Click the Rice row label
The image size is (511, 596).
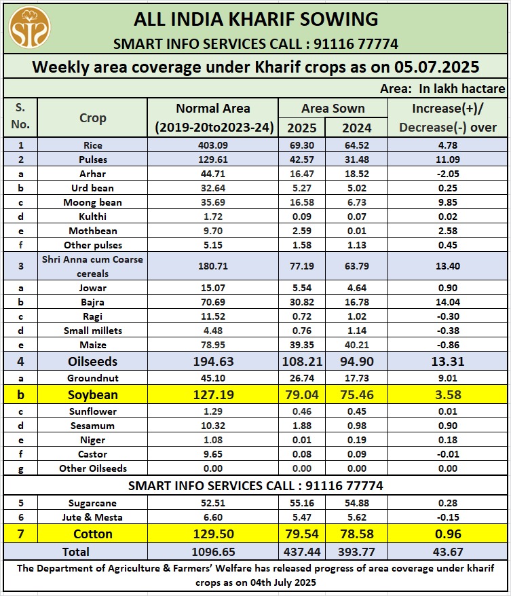(92, 145)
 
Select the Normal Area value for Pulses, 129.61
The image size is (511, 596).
(212, 160)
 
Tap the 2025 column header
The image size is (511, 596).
(301, 128)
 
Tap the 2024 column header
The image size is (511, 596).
(356, 128)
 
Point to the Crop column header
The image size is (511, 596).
(92, 118)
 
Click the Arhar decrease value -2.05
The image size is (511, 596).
(448, 174)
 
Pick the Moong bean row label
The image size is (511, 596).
(92, 202)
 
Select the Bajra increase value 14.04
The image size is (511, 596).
(448, 302)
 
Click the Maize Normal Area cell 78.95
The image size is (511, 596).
(212, 345)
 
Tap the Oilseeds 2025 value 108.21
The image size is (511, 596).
(301, 362)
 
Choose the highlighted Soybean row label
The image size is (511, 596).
(92, 394)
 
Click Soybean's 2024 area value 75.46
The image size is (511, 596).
(356, 394)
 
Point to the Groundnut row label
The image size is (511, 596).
(92, 378)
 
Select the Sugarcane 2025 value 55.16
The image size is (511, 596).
(301, 503)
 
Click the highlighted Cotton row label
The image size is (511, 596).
(92, 534)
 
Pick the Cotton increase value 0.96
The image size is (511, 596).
(448, 534)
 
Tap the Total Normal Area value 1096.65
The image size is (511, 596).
(212, 552)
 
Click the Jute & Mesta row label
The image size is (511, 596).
(92, 517)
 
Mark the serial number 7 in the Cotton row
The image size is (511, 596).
(20, 534)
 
